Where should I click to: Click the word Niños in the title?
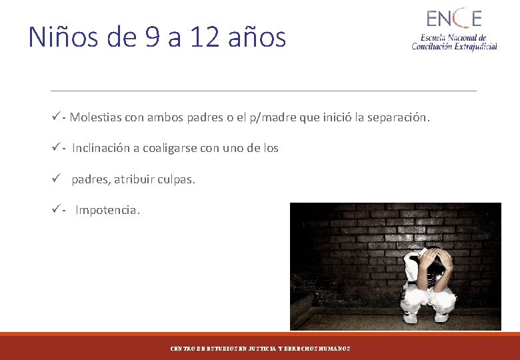coord(63,37)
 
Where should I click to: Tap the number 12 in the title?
coord(203,37)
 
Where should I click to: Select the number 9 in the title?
coord(153,37)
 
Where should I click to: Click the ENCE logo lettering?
coord(453,18)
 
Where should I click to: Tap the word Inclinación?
coord(101,148)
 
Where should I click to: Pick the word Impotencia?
coord(107,210)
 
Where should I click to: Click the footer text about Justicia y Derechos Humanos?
coord(260,349)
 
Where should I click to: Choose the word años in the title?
coord(257,37)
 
